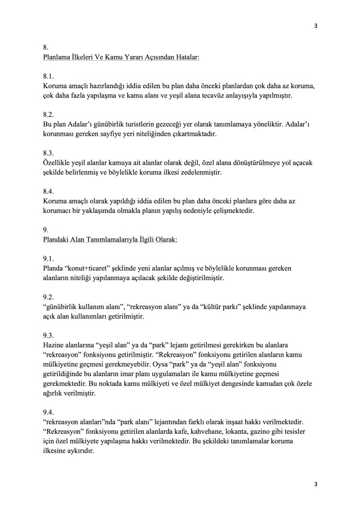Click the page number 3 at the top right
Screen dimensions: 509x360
point(315,26)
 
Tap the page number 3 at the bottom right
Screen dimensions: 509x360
point(315,484)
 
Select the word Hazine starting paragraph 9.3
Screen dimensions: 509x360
point(54,344)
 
